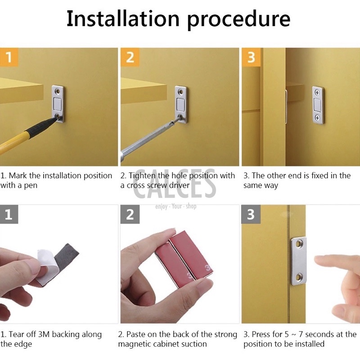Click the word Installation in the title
(123, 19)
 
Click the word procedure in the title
(239, 21)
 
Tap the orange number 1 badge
(9, 57)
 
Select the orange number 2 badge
(130, 57)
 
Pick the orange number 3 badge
(251, 57)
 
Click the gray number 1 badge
(9, 214)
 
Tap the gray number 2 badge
(130, 214)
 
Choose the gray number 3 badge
(251, 214)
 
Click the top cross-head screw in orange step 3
(317, 93)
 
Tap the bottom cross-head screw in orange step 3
(317, 118)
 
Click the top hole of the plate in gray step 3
(299, 244)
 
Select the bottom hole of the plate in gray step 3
(299, 277)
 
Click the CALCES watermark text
(175, 184)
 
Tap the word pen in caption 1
(31, 186)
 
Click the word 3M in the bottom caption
(44, 334)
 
